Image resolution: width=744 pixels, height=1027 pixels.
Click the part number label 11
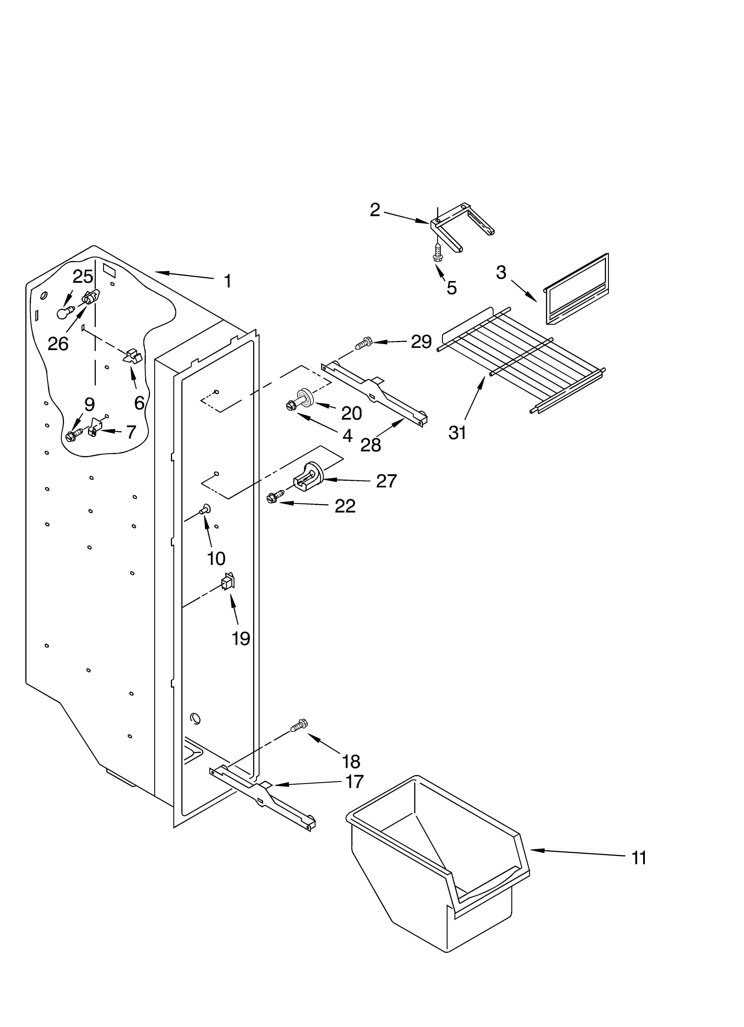(x=639, y=858)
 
